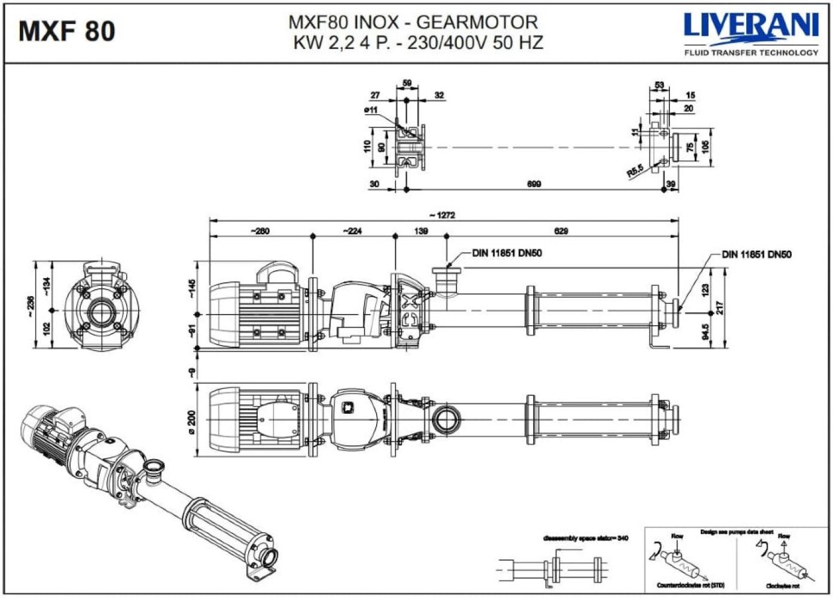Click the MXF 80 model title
(x=66, y=31)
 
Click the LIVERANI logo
(x=751, y=27)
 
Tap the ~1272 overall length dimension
(x=443, y=215)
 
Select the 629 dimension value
(x=561, y=231)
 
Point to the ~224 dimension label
(x=352, y=231)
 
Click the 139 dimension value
(x=421, y=231)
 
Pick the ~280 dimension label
(x=260, y=231)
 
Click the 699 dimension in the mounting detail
(x=534, y=184)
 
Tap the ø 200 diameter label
(x=191, y=419)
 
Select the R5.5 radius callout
(x=635, y=171)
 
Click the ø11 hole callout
(x=371, y=110)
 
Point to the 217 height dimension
(x=720, y=307)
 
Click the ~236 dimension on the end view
(x=30, y=303)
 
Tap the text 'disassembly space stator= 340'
(x=585, y=538)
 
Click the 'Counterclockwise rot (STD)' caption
(x=690, y=585)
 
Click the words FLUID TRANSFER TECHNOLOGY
(x=751, y=53)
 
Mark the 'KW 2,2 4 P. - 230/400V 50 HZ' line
(x=418, y=43)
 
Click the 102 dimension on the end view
(x=47, y=329)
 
